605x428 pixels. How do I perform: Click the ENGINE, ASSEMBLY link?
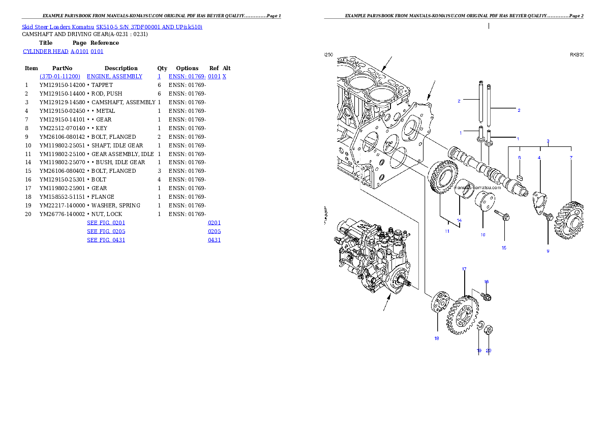pyautogui.click(x=114, y=76)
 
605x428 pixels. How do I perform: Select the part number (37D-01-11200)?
pyautogui.click(x=60, y=76)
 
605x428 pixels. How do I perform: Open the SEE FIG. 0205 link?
pyautogui.click(x=106, y=231)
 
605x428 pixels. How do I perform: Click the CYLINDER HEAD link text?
pyautogui.click(x=46, y=52)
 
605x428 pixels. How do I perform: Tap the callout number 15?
pyautogui.click(x=504, y=248)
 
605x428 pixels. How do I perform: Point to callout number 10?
pyautogui.click(x=482, y=235)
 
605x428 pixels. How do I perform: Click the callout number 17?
pyautogui.click(x=464, y=269)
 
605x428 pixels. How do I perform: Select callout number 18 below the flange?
pyautogui.click(x=436, y=339)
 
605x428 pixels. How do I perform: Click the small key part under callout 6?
pyautogui.click(x=520, y=177)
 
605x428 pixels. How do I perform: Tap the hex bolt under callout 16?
pyautogui.click(x=486, y=296)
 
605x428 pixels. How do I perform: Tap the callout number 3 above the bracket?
pyautogui.click(x=548, y=140)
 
